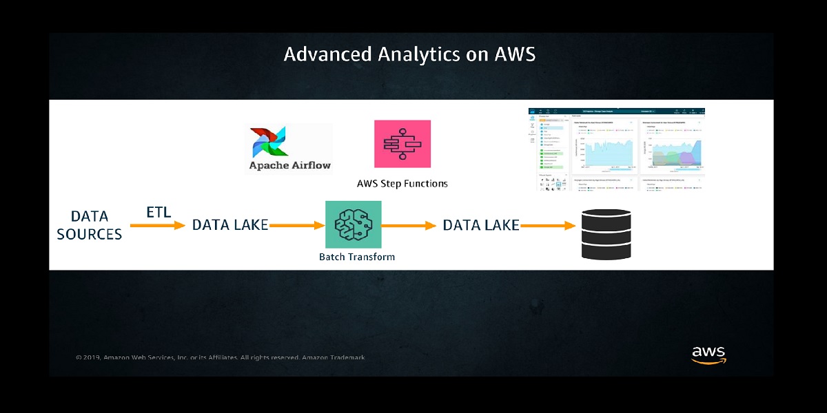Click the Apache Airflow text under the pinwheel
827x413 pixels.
pos(289,165)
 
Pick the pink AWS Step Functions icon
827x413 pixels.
pos(402,144)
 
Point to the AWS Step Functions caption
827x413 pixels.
pos(402,184)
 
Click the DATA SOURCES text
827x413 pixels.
pos(90,225)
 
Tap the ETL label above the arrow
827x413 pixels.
pos(159,212)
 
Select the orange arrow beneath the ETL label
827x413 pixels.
pos(158,225)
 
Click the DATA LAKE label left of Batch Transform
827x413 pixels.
pos(229,225)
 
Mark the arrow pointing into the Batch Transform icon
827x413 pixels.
pos(296,225)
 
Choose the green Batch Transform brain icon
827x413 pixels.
pos(353,224)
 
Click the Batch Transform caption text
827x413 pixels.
pos(356,257)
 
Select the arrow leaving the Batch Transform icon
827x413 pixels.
pos(409,225)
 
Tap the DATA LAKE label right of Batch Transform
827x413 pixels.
pos(480,225)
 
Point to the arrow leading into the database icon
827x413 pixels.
pos(548,225)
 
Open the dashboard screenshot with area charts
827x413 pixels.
pos(616,149)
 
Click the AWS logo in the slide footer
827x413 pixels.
pos(708,355)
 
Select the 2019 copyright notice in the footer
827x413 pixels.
pos(220,358)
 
